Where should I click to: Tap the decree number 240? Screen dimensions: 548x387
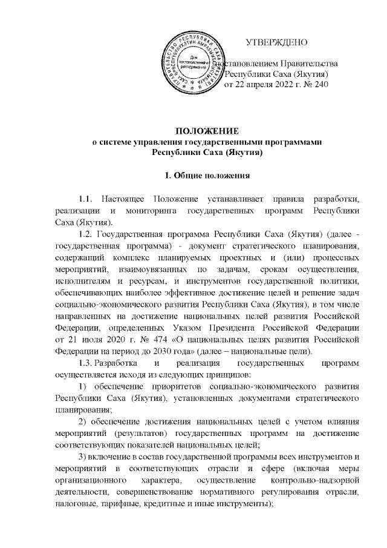(320, 85)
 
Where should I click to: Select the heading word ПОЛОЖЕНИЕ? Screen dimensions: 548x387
(207, 131)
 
